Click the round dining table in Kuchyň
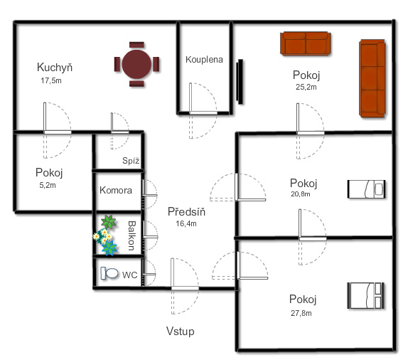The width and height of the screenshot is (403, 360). click(x=136, y=64)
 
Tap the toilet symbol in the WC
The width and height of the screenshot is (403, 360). click(x=109, y=273)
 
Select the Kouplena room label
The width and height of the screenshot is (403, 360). click(x=204, y=60)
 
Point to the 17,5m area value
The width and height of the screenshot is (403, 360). click(x=51, y=80)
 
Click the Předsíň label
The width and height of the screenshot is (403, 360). click(x=187, y=211)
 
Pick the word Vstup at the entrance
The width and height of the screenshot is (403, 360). click(x=180, y=331)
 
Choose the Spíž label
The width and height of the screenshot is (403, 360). click(x=131, y=161)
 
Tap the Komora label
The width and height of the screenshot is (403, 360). click(x=116, y=190)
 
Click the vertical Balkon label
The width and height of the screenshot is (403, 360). click(x=131, y=235)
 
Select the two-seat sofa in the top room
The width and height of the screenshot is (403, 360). click(x=306, y=43)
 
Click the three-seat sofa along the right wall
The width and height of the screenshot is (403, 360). click(x=372, y=78)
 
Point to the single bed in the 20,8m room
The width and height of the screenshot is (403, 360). click(x=366, y=189)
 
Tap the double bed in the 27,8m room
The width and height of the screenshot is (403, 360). click(x=366, y=295)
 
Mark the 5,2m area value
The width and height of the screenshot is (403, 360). click(x=48, y=185)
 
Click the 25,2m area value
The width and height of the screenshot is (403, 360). click(x=306, y=87)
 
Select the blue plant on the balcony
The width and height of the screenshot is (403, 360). click(x=109, y=248)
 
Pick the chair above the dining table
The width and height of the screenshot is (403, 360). click(x=136, y=45)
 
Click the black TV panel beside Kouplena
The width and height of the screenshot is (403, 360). click(x=240, y=82)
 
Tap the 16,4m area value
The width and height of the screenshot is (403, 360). click(x=186, y=223)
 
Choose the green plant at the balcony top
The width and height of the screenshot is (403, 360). click(x=109, y=222)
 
